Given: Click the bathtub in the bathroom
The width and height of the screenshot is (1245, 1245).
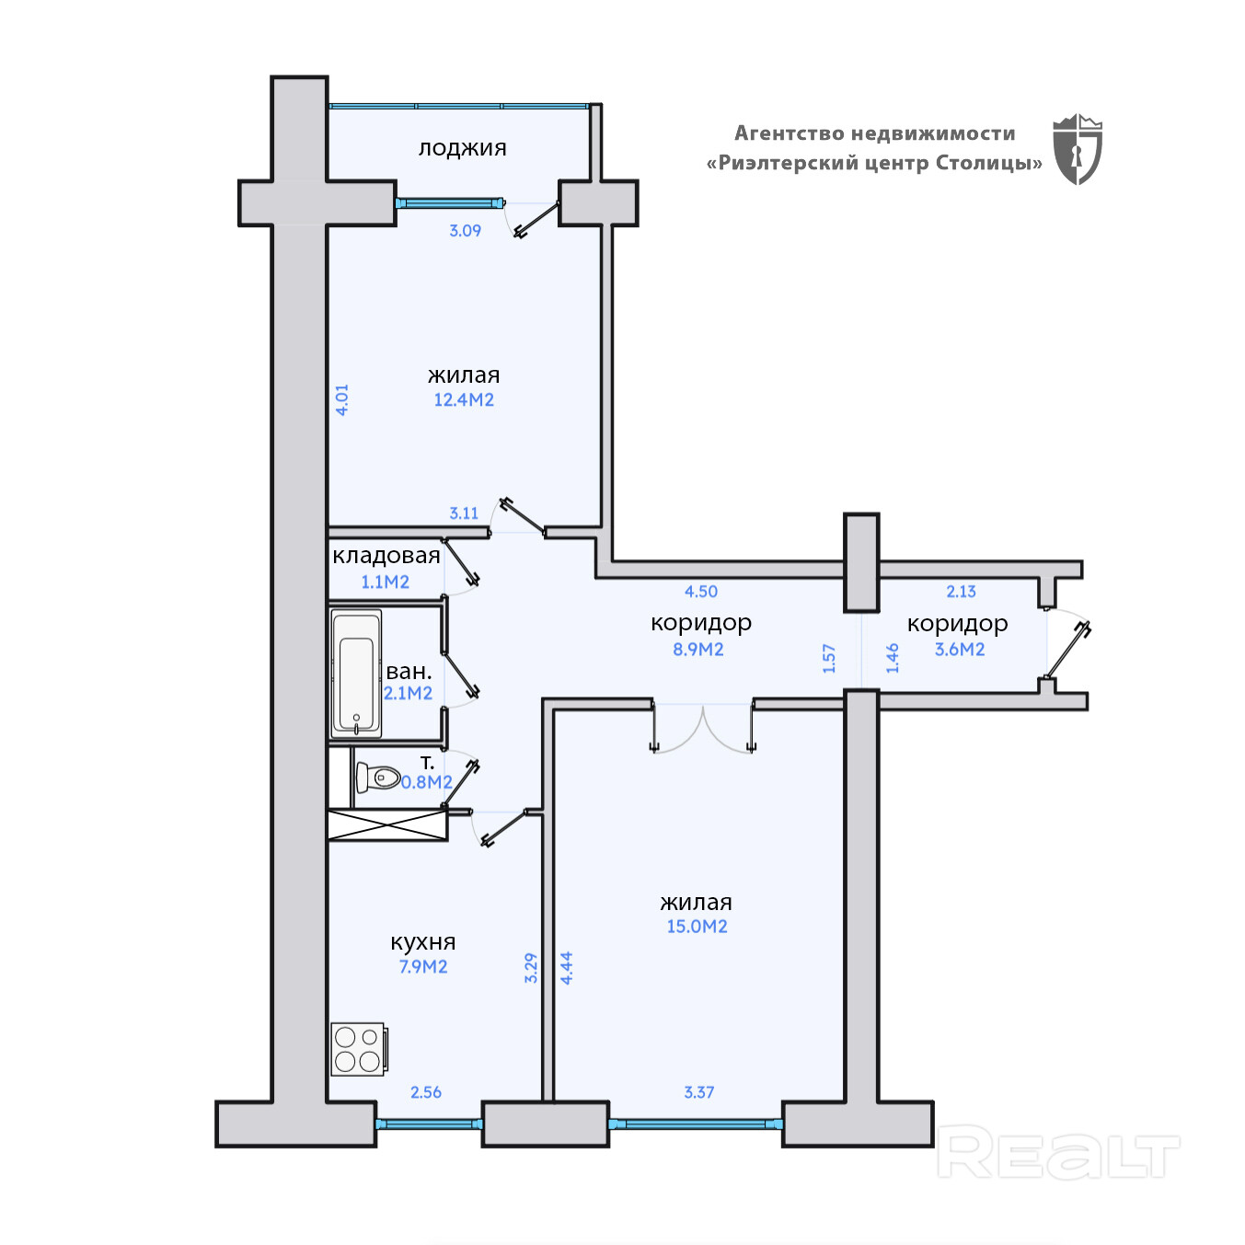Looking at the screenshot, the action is pyautogui.click(x=356, y=674).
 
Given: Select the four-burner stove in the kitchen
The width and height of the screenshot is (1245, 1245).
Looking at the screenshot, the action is pyautogui.click(x=358, y=1049).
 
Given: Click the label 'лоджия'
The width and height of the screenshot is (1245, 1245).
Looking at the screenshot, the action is pyautogui.click(x=462, y=148).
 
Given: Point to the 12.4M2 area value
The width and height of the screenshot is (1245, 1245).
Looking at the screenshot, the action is pyautogui.click(x=464, y=399).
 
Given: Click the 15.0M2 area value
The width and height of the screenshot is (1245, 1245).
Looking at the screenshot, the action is pyautogui.click(x=697, y=927).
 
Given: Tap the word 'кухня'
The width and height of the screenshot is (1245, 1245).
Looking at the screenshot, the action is pyautogui.click(x=423, y=942).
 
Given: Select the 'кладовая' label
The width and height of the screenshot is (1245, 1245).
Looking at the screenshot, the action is pyautogui.click(x=386, y=556).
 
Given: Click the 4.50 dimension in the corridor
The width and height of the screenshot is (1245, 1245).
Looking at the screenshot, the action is pyautogui.click(x=701, y=592).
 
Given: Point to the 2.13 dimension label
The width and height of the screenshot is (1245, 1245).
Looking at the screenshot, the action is pyautogui.click(x=961, y=592).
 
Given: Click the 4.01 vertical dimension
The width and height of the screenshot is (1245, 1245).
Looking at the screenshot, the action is pyautogui.click(x=342, y=399).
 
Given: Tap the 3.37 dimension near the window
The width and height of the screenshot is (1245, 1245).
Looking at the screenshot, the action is pyautogui.click(x=698, y=1092).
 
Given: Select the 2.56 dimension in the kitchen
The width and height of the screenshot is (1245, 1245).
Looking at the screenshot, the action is pyautogui.click(x=426, y=1092).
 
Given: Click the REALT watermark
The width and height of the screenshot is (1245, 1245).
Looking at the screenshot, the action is pyautogui.click(x=1058, y=1154).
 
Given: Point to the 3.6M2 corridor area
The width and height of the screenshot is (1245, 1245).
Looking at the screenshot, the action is pyautogui.click(x=960, y=649).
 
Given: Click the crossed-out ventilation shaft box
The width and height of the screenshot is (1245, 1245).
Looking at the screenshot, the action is pyautogui.click(x=387, y=825).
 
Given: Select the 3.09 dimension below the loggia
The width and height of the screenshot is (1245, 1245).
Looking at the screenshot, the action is pyautogui.click(x=465, y=231).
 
